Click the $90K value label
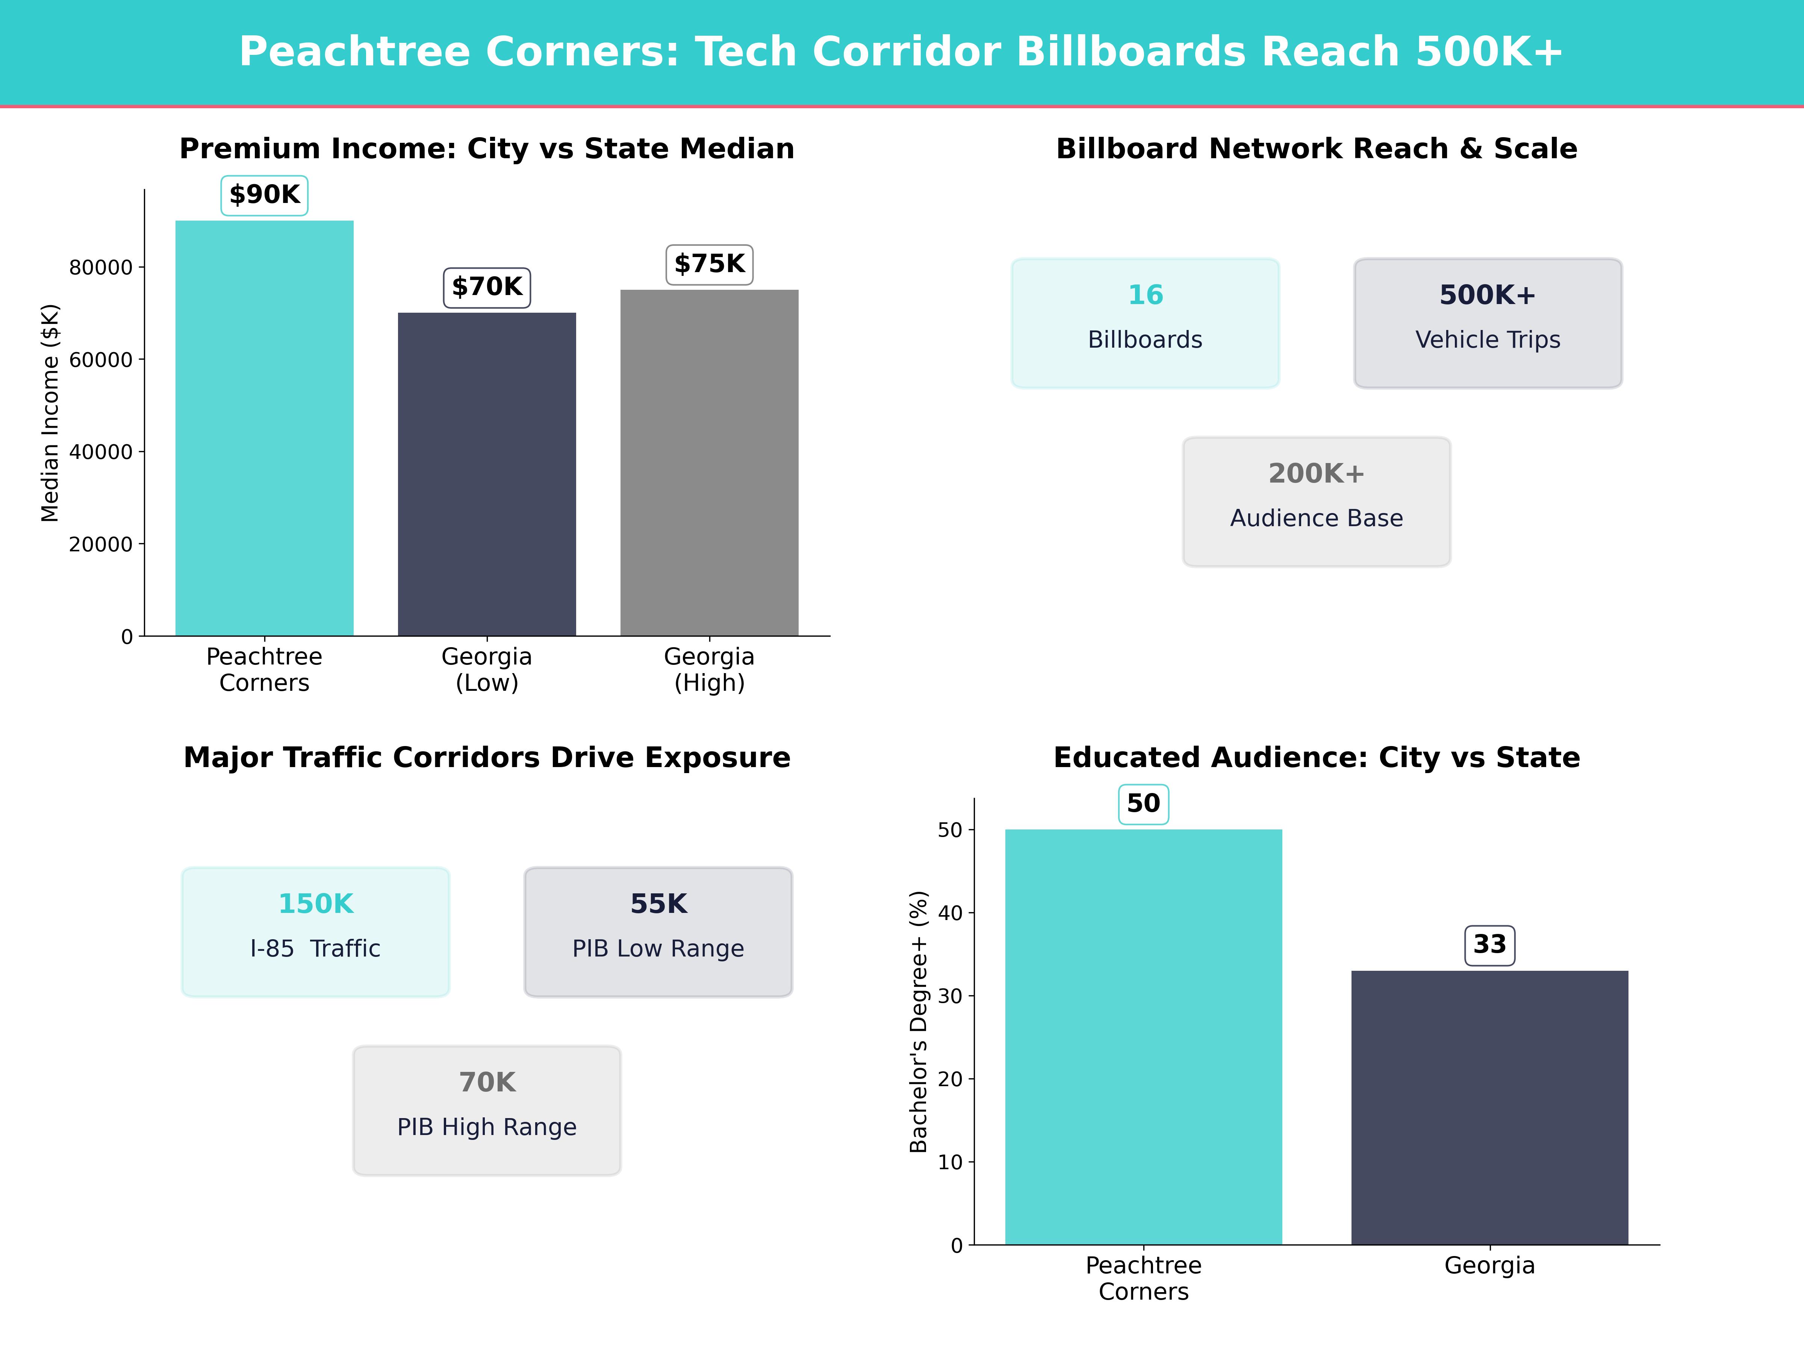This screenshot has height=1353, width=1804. click(264, 195)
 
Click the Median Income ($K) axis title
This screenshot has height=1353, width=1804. click(51, 413)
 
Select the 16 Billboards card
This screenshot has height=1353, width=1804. click(1145, 323)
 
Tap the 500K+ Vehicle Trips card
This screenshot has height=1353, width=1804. click(1488, 323)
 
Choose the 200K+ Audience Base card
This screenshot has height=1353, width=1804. click(1316, 502)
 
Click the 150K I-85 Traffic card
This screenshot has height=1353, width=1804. click(316, 931)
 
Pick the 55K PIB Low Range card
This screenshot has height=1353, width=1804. click(658, 931)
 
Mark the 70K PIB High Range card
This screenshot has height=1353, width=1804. click(487, 1110)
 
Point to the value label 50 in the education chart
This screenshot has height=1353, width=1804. click(1143, 804)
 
